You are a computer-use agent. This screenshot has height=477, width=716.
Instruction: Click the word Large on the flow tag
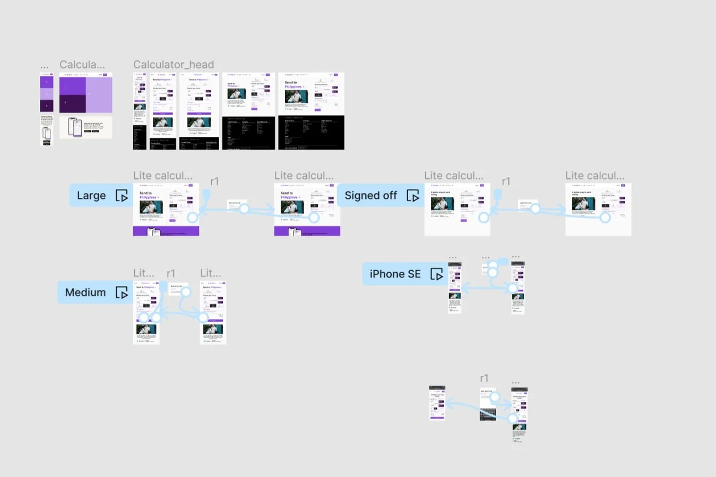[x=91, y=195]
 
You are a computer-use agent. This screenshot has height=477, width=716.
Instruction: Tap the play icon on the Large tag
[x=122, y=196]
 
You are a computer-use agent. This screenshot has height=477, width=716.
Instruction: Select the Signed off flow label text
[x=370, y=195]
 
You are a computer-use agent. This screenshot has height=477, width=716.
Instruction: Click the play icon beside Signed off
[x=412, y=196]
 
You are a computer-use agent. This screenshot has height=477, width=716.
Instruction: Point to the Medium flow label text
[x=85, y=292]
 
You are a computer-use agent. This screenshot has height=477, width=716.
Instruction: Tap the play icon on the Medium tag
[x=122, y=293]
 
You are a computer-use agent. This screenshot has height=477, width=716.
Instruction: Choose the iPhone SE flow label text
[x=395, y=274]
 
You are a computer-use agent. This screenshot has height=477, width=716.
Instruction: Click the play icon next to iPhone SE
[x=436, y=274]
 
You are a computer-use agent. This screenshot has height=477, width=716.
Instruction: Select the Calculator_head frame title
[x=174, y=65]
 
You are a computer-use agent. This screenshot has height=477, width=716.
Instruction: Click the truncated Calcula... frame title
[x=82, y=65]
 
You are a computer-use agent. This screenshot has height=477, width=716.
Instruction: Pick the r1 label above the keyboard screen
[x=484, y=378]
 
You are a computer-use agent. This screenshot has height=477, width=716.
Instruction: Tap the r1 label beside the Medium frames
[x=171, y=273]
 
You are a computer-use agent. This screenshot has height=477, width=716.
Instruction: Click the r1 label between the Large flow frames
[x=214, y=181]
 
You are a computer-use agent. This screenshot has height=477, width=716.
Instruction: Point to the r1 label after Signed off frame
[x=506, y=181]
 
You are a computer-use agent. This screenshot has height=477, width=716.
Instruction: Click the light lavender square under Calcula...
[x=99, y=94]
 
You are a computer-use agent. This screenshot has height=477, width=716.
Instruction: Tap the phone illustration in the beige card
[x=76, y=127]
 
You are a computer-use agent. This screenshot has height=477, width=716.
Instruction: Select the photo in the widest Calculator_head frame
[x=296, y=96]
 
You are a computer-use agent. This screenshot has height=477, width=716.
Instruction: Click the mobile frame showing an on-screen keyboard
[x=488, y=405]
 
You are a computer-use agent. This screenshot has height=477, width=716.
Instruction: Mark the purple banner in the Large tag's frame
[x=166, y=231]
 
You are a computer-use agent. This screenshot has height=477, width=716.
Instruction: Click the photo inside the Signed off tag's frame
[x=442, y=204]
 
